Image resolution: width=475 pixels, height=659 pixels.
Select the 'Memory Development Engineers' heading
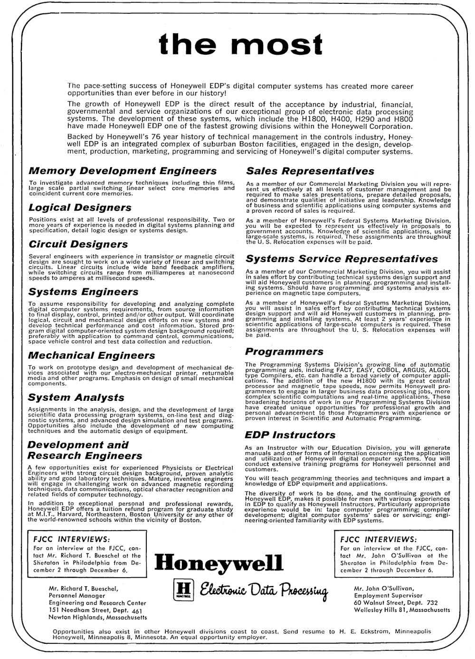pyautogui.click(x=123, y=171)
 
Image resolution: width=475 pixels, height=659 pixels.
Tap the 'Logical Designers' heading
pyautogui.click(x=80, y=208)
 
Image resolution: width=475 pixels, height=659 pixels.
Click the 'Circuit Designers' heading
pyautogui.click(x=78, y=244)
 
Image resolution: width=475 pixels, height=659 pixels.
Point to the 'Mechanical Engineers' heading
pyautogui.click(x=91, y=356)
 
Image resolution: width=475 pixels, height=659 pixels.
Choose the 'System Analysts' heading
pyautogui.click(x=76, y=397)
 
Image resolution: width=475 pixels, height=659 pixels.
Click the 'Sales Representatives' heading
pyautogui.click(x=310, y=171)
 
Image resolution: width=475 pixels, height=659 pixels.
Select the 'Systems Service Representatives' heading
pyautogui.click(x=342, y=259)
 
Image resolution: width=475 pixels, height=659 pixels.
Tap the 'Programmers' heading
pyautogui.click(x=284, y=352)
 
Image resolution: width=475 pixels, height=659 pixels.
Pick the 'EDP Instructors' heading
pyautogui.click(x=290, y=435)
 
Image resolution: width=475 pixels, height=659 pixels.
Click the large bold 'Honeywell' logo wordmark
pyautogui.click(x=219, y=564)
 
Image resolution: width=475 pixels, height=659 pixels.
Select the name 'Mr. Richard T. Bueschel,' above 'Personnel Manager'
pyautogui.click(x=84, y=588)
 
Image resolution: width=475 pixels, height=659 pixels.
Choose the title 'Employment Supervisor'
pyautogui.click(x=388, y=595)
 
